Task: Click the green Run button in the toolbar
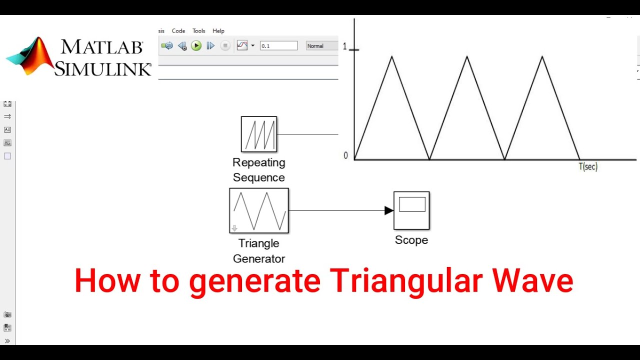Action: point(196,46)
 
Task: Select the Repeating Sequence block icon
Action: point(259,134)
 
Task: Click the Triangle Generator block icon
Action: point(259,210)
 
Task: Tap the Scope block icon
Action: point(411,210)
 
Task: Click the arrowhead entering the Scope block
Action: point(389,210)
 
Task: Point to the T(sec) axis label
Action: point(588,166)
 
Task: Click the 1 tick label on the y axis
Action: point(344,46)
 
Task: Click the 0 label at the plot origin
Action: point(345,155)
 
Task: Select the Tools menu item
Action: point(199,31)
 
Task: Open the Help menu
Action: point(218,31)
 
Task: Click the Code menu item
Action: point(178,31)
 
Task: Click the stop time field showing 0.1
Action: point(278,46)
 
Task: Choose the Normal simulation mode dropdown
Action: point(321,46)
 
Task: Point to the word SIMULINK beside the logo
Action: point(102,68)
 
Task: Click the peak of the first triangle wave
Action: point(392,56)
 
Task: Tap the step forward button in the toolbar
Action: point(210,46)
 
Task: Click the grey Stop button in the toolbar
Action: point(225,46)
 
